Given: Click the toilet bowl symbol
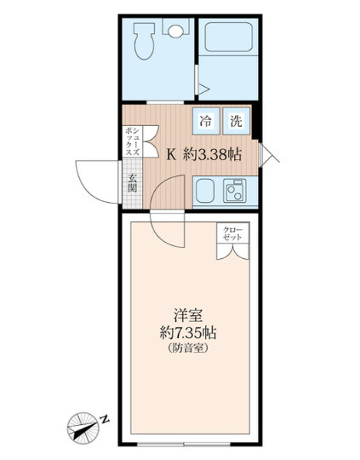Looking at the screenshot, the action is point(144,41).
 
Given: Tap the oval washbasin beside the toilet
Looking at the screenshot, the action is point(175,32).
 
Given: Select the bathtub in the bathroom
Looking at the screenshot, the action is point(229,37).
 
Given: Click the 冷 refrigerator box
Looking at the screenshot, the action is point(206,121).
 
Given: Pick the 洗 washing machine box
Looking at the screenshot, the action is point(237,121).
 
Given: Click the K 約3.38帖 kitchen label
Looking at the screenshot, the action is point(204,154).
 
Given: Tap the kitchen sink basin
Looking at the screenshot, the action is point(205,191).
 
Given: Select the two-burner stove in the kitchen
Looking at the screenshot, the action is point(235,191).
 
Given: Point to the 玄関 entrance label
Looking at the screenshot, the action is point(133,183).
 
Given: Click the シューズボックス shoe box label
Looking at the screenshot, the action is point(133,141).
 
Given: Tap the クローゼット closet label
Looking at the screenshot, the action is point(232,233).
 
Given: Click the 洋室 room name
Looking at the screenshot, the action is point(188,316).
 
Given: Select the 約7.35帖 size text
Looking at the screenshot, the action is point(188,333).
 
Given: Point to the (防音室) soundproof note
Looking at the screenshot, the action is point(188,348).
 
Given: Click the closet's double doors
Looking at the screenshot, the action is point(233,251).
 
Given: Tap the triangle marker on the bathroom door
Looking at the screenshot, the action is point(203,89).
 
